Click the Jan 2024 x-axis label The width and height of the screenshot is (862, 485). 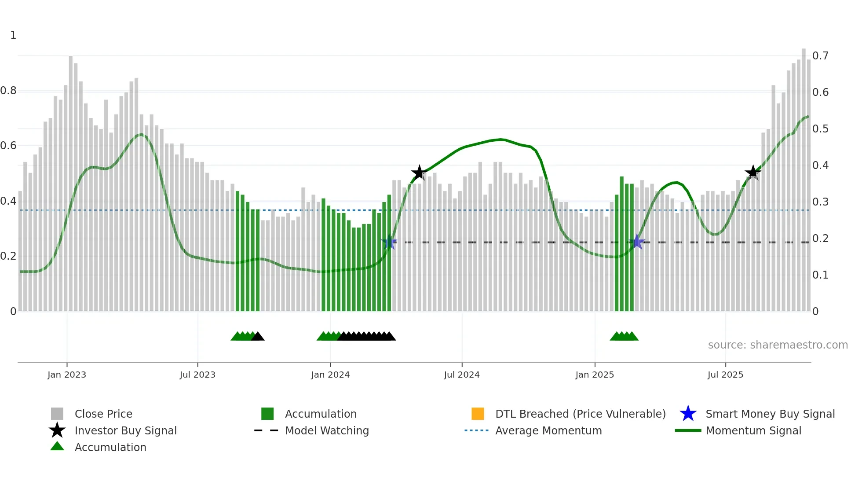click(330, 375)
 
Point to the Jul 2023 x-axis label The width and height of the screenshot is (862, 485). click(197, 375)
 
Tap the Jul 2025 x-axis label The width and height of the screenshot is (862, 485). click(725, 375)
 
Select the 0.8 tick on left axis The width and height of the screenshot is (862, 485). click(8, 91)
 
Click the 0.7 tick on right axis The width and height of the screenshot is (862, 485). click(820, 56)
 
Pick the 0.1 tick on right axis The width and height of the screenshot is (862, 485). click(820, 275)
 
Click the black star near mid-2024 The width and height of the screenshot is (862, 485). click(419, 173)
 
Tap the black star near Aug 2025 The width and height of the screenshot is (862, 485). click(753, 173)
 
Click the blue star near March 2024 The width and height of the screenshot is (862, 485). click(389, 242)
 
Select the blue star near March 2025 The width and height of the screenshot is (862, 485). click(637, 242)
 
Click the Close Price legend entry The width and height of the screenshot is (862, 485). click(103, 414)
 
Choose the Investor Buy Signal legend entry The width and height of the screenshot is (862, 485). click(125, 430)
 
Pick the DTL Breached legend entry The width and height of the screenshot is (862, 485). click(580, 414)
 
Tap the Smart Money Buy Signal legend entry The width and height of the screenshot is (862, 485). click(770, 414)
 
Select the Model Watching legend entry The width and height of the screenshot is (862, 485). click(327, 430)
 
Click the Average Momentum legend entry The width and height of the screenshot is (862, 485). click(548, 430)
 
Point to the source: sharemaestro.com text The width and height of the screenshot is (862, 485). click(778, 345)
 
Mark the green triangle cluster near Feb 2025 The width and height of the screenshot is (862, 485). click(624, 336)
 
